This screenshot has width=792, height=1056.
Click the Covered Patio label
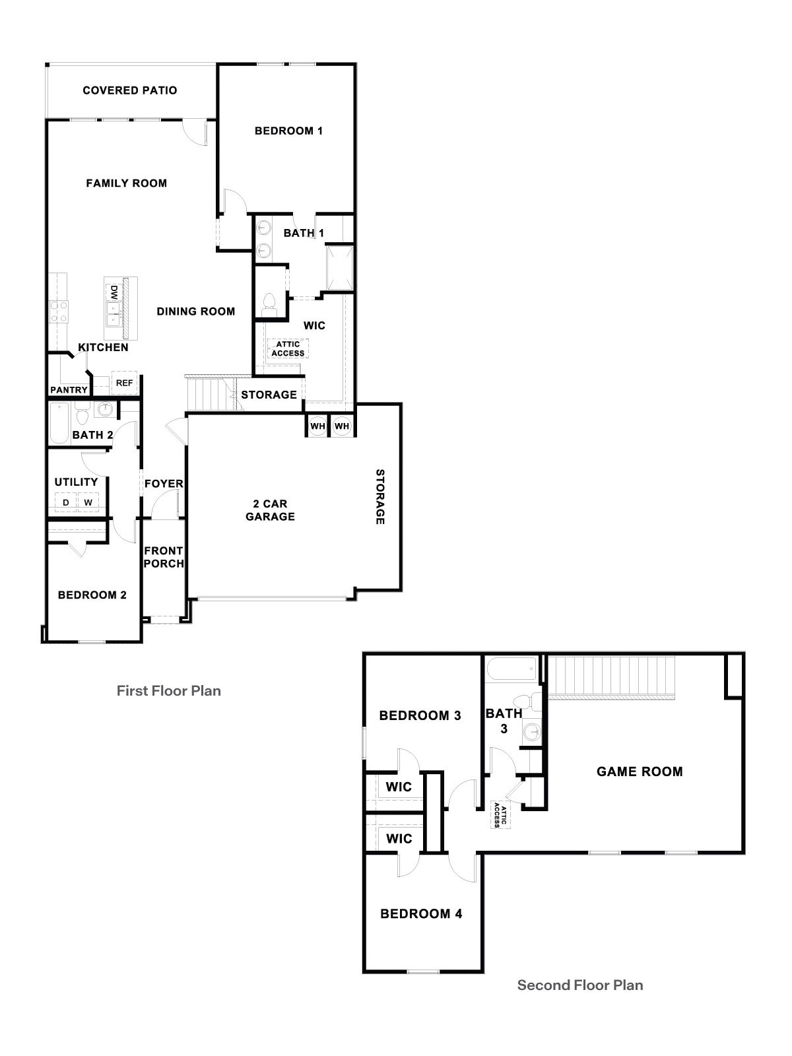click(x=130, y=90)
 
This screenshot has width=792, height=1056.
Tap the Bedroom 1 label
click(x=288, y=131)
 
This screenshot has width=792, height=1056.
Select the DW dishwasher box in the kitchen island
click(x=114, y=292)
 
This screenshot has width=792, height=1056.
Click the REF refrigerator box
click(x=124, y=383)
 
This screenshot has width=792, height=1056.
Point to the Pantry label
click(x=69, y=390)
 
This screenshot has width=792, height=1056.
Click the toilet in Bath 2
click(x=82, y=416)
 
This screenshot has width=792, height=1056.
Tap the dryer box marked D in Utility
click(x=65, y=503)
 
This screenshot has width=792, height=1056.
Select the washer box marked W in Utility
click(x=88, y=503)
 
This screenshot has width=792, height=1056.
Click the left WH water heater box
click(x=317, y=426)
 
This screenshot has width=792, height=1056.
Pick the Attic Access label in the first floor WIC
click(x=288, y=348)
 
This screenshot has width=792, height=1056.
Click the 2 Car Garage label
click(x=270, y=510)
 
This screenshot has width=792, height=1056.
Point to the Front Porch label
click(x=164, y=557)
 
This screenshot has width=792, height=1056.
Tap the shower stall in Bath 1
click(x=339, y=268)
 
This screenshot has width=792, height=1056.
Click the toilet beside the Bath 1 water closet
click(x=269, y=302)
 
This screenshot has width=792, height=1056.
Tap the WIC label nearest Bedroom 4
click(x=399, y=839)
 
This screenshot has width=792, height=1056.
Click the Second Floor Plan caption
click(x=579, y=985)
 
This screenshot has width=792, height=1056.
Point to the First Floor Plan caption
click(x=168, y=691)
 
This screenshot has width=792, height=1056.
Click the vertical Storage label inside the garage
click(x=380, y=496)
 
